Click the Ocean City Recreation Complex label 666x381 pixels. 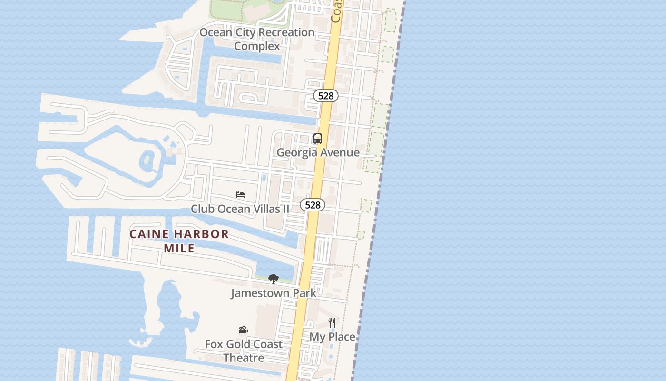(257, 39)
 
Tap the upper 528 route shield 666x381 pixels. (326, 96)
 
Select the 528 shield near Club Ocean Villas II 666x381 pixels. (313, 205)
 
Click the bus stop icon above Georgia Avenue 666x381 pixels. (318, 139)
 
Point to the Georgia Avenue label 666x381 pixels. (318, 152)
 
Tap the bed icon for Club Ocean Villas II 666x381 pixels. (240, 195)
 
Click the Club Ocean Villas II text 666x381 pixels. (240, 209)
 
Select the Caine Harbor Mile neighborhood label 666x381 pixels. (179, 241)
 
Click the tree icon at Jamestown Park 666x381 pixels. (273, 279)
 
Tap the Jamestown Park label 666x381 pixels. (274, 293)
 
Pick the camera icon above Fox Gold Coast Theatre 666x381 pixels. (243, 330)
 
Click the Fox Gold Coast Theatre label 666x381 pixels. (244, 351)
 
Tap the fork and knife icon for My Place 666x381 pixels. (332, 323)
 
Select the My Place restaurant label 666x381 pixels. (333, 337)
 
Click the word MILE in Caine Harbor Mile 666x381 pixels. (179, 248)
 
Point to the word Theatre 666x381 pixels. (244, 358)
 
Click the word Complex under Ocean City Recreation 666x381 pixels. (257, 46)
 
